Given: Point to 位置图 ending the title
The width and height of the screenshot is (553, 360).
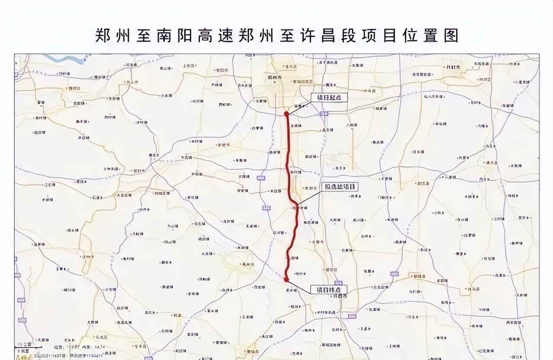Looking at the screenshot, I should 432,35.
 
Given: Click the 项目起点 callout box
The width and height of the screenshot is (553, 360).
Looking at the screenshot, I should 329,98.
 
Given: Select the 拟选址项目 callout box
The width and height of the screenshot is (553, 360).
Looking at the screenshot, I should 340,186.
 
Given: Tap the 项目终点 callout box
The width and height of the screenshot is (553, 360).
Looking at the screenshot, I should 329,290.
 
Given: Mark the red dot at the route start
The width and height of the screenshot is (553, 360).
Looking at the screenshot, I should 286,114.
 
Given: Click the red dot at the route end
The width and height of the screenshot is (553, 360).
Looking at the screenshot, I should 286,280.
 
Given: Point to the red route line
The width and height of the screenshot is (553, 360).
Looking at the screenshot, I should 288,164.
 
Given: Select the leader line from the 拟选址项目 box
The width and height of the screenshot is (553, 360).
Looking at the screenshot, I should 308,196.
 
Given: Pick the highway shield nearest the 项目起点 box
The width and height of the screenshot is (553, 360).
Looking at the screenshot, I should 324,114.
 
